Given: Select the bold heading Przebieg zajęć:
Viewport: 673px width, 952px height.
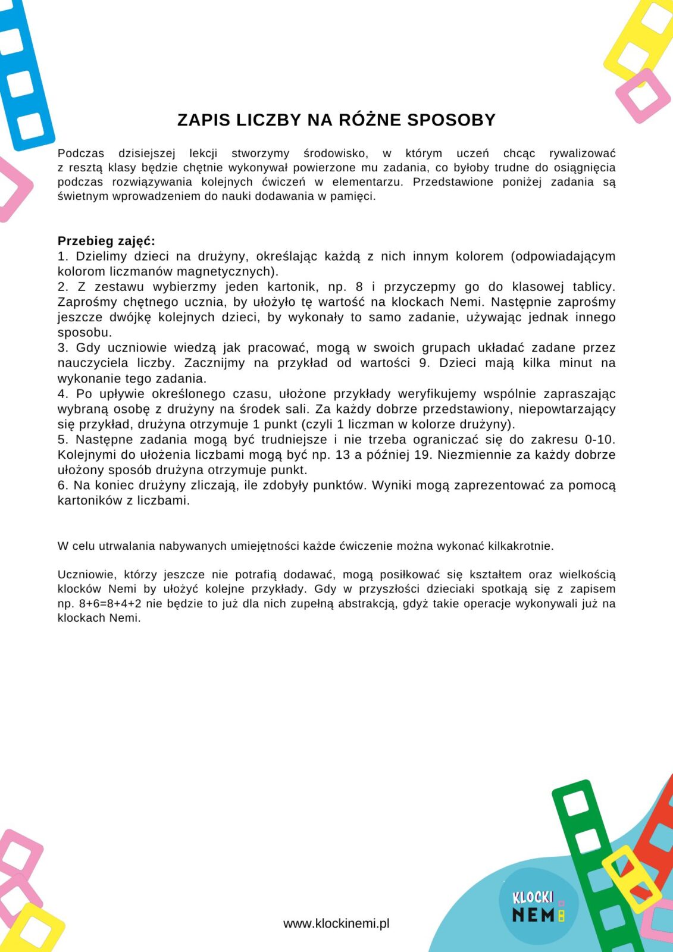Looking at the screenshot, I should pyautogui.click(x=106, y=241).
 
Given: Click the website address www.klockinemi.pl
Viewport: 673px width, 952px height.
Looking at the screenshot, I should pyautogui.click(x=336, y=923).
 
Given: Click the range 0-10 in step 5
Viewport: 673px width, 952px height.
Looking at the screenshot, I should pyautogui.click(x=599, y=440).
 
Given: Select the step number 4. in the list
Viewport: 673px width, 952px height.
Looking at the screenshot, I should pyautogui.click(x=63, y=394).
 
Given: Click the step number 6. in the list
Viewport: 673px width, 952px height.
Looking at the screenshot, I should pyautogui.click(x=63, y=486).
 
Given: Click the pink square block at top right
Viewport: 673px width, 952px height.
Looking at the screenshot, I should pyautogui.click(x=643, y=95).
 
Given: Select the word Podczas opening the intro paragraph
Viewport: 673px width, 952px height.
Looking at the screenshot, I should pyautogui.click(x=81, y=154).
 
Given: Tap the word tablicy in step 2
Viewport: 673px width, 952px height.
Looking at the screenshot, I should pyautogui.click(x=593, y=287).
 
